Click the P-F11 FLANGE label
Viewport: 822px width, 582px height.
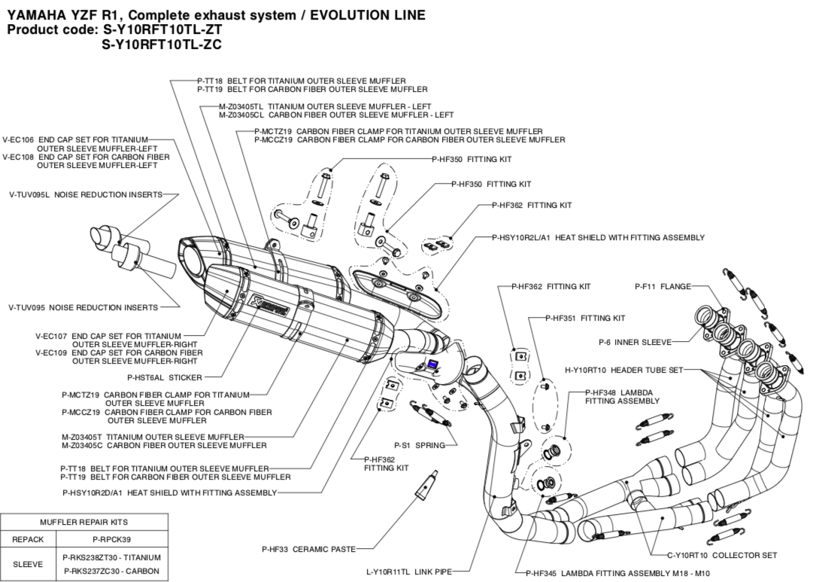[x=663, y=286]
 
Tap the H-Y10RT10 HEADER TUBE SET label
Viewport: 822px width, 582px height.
[x=623, y=370]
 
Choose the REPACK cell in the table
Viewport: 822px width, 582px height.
[x=29, y=539]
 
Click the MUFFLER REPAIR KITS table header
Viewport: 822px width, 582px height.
[x=83, y=522]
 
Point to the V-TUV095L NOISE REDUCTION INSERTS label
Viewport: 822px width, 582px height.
[x=86, y=195]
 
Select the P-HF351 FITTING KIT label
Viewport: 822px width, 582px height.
[x=585, y=318]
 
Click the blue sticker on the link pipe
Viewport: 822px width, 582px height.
[x=433, y=365]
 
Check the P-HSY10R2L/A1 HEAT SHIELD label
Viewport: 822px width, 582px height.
[x=598, y=238]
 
